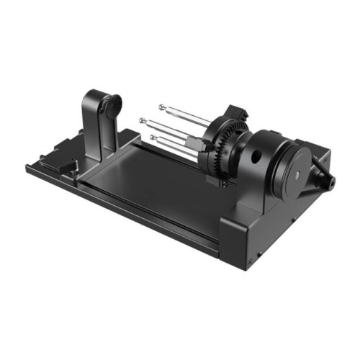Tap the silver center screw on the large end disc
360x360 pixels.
pyautogui.click(x=297, y=173)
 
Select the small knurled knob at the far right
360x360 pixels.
pyautogui.click(x=326, y=177)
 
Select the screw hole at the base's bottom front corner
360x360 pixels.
pyautogui.click(x=252, y=256)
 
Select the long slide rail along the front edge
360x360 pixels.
pyautogui.click(x=144, y=209)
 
